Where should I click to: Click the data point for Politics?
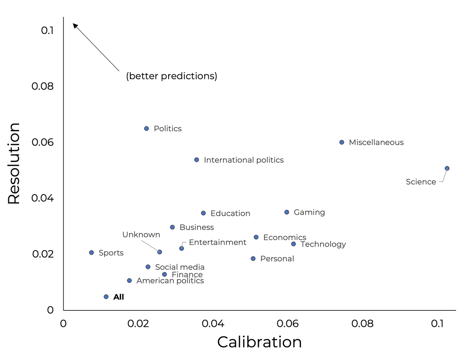(147, 128)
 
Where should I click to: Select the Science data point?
(447, 168)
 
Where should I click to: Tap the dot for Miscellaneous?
(342, 142)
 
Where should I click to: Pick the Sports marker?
(91, 252)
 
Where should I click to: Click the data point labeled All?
(106, 297)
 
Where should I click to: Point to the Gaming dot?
(286, 212)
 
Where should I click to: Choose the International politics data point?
(197, 160)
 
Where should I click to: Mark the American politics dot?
(129, 280)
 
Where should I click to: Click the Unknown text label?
(141, 235)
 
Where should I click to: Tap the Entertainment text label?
(217, 242)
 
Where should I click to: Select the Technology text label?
(323, 244)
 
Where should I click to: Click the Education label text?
(230, 213)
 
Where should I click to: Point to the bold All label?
(119, 297)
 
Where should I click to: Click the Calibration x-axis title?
(259, 342)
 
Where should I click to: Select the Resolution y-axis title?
(14, 163)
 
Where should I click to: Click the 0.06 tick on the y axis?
(42, 142)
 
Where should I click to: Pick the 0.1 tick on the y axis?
(47, 30)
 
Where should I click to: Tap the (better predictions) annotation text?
(171, 76)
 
